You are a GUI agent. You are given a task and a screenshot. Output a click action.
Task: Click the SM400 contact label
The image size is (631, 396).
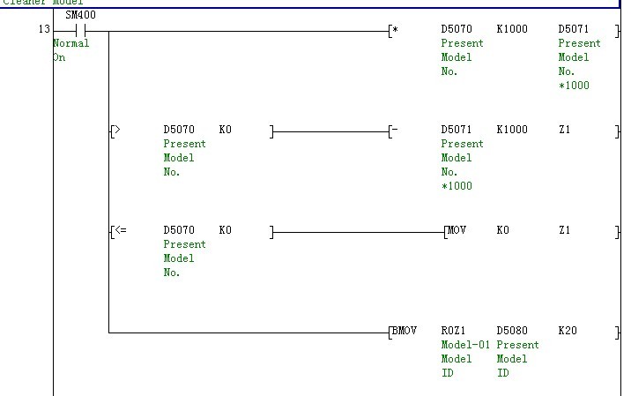[82, 15]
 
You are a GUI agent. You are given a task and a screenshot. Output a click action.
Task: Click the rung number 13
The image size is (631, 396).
[44, 29]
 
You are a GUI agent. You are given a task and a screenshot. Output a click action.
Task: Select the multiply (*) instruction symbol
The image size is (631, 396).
[395, 29]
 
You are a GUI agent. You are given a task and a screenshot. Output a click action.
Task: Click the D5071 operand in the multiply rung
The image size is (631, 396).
[574, 29]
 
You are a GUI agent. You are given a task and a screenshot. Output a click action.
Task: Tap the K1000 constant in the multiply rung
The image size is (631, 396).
[512, 29]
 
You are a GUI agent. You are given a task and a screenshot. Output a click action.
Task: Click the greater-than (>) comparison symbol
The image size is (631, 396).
[118, 130]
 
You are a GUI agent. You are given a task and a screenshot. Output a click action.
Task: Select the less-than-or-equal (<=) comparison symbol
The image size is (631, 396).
[120, 230]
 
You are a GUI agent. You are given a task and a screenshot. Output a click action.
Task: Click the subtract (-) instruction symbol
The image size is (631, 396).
[395, 130]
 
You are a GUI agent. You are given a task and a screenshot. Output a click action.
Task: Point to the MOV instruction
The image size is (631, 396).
[457, 230]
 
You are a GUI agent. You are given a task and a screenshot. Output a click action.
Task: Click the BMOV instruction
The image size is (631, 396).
[403, 331]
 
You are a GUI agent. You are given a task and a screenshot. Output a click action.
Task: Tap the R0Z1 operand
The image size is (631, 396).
[453, 331]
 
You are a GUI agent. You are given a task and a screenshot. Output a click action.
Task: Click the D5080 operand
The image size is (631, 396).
[512, 331]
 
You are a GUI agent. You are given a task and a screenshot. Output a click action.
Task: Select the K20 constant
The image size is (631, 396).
[568, 331]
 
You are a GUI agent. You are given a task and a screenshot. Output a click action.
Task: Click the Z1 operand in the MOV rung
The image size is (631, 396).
[565, 230]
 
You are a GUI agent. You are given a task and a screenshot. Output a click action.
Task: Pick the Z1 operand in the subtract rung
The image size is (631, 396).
[565, 130]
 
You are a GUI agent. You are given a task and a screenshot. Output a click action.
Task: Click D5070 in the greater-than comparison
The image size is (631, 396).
[179, 130]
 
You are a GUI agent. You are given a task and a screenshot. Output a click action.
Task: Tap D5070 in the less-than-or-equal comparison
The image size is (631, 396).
[179, 230]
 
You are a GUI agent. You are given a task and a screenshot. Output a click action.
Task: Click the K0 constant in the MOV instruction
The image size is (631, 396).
[503, 230]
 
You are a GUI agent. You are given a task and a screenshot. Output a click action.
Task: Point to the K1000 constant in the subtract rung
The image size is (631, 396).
[512, 130]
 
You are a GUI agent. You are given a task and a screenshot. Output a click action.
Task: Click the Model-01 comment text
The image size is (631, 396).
[464, 345]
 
